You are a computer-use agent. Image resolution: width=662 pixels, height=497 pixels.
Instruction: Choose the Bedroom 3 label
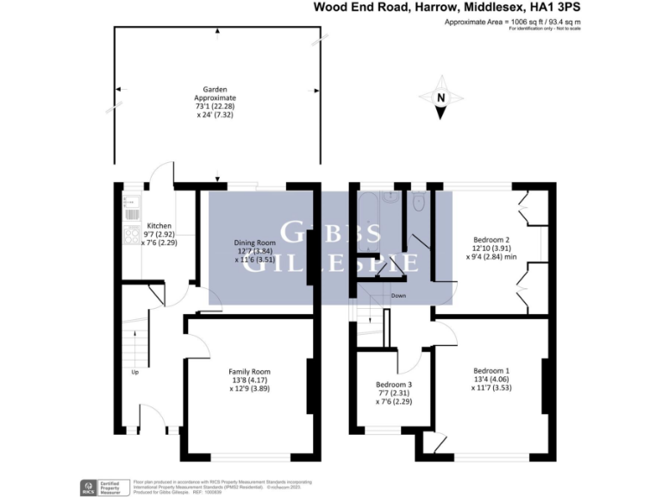(394, 385)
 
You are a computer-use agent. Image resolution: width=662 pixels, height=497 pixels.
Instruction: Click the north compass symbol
(440, 98)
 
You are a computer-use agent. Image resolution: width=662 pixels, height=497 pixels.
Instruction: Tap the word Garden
(215, 89)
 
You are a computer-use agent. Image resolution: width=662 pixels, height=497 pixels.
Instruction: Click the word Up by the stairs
(135, 373)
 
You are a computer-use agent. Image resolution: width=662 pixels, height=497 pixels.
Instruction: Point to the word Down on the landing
(398, 296)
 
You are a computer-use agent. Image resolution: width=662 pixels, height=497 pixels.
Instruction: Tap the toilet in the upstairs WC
(418, 203)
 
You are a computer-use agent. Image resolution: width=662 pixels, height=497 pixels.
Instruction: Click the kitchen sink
(132, 206)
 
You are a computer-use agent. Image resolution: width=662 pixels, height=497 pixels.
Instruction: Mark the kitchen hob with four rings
(133, 233)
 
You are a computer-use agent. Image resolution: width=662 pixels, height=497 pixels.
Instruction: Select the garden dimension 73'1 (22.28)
(215, 106)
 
